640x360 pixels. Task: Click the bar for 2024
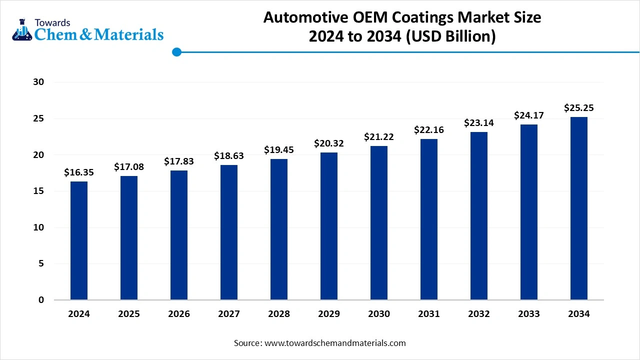[79, 240]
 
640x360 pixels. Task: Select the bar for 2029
[329, 226]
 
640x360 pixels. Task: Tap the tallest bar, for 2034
[579, 208]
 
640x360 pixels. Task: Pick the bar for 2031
[429, 219]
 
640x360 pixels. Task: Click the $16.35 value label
[79, 172]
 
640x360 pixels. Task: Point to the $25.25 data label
[579, 108]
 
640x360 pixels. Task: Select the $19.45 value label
[279, 150]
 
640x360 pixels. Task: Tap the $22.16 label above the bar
[429, 130]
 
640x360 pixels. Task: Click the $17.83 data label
[179, 161]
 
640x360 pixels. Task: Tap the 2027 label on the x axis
[229, 314]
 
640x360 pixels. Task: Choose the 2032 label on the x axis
[479, 314]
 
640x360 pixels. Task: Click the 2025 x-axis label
[129, 314]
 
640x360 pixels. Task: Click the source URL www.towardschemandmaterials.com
[335, 343]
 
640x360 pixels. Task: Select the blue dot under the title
[176, 52]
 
